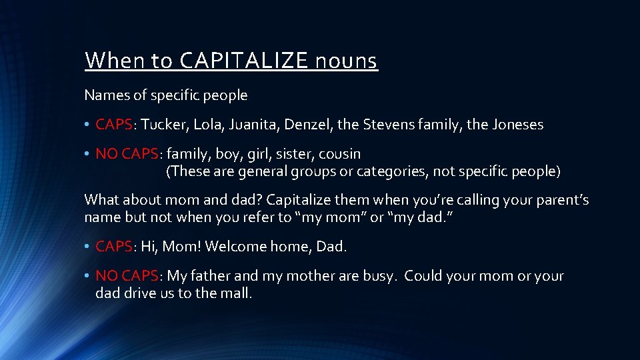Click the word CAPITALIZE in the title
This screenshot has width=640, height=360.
pos(243,61)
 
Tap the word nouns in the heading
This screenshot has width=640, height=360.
pos(347,61)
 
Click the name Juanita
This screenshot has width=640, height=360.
pos(273,125)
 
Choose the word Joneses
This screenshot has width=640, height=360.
pos(516,125)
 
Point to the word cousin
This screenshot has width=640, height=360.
pos(340,154)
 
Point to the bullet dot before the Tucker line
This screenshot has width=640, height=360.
pos(87,125)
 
